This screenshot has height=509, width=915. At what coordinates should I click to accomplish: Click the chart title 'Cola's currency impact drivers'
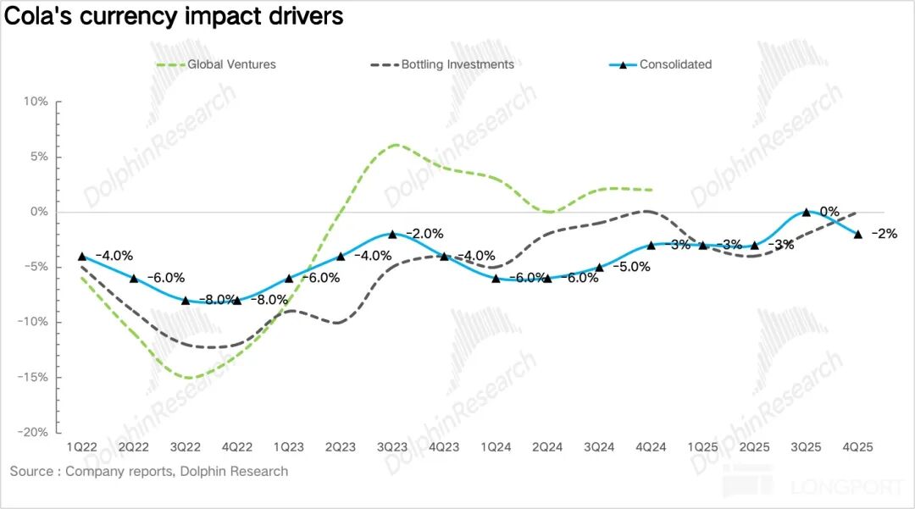point(175,17)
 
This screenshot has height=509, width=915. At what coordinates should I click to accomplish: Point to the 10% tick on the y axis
point(36,102)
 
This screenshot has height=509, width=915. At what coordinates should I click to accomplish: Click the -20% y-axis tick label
point(34,432)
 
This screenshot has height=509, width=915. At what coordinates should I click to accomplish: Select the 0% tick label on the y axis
point(40,212)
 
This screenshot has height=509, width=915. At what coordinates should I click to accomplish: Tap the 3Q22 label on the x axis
point(185,447)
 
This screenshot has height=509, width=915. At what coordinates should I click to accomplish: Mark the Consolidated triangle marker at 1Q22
point(82,256)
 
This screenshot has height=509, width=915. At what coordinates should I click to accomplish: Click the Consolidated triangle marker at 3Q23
point(392,234)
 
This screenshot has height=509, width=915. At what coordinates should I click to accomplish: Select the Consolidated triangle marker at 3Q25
point(806,212)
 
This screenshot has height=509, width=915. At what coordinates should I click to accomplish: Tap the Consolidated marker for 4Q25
point(857,234)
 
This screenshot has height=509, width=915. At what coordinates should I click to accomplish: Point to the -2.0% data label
point(424,234)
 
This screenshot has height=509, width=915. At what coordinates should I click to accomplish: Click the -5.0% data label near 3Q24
point(630,267)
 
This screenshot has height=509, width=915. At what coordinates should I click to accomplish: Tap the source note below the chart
point(149,471)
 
